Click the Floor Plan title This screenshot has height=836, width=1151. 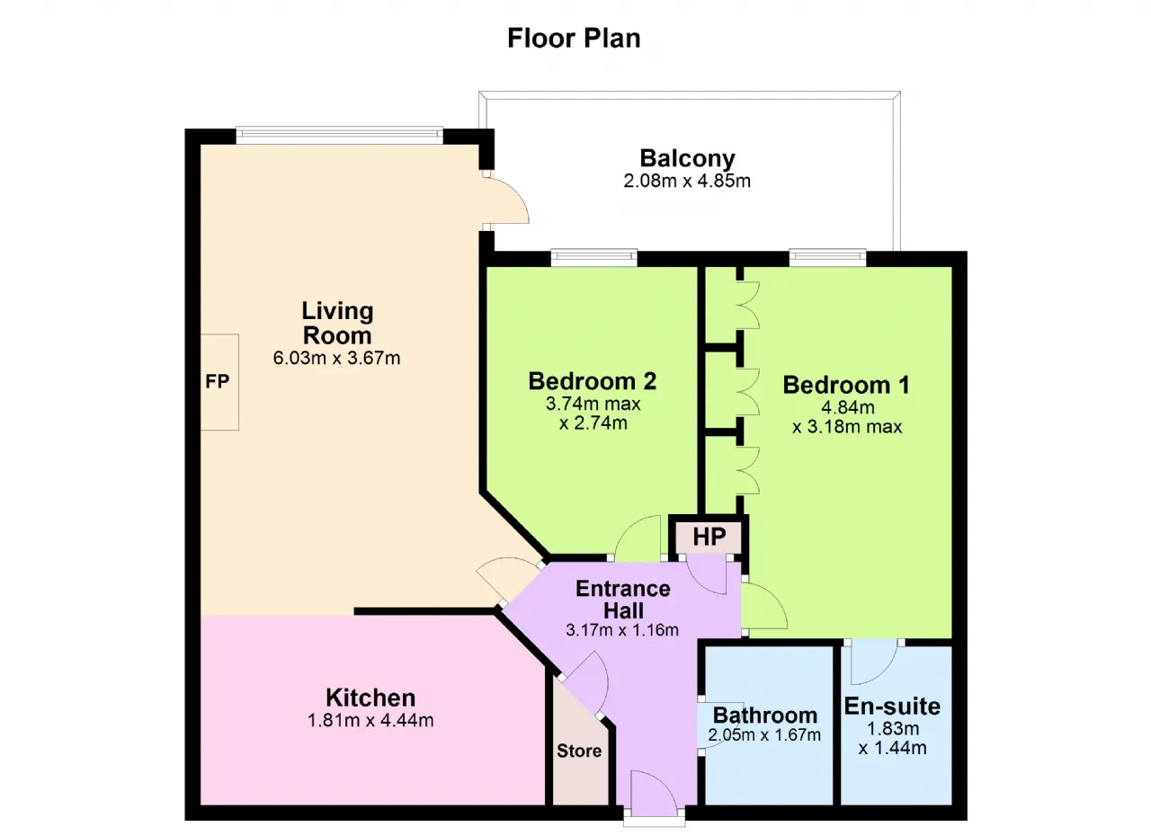point(574,39)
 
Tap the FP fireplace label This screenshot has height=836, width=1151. point(217,381)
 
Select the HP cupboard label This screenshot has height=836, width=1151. point(709,537)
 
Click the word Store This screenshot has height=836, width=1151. point(579,751)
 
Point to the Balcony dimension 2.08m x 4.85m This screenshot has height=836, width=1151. point(687,181)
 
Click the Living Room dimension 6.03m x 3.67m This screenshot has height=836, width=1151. point(336,358)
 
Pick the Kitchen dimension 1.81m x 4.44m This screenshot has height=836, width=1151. point(370,720)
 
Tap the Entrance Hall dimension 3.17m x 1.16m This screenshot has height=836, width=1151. point(622,629)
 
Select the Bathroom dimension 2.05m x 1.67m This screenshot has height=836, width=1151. point(764,734)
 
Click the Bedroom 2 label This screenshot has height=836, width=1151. point(593,381)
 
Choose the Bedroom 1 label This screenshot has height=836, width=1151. point(846,385)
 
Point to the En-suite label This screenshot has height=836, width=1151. point(893,706)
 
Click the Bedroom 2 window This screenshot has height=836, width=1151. point(594,258)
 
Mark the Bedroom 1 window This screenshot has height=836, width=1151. point(828,258)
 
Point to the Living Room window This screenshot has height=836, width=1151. point(340,135)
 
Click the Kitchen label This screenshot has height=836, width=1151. point(370,698)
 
